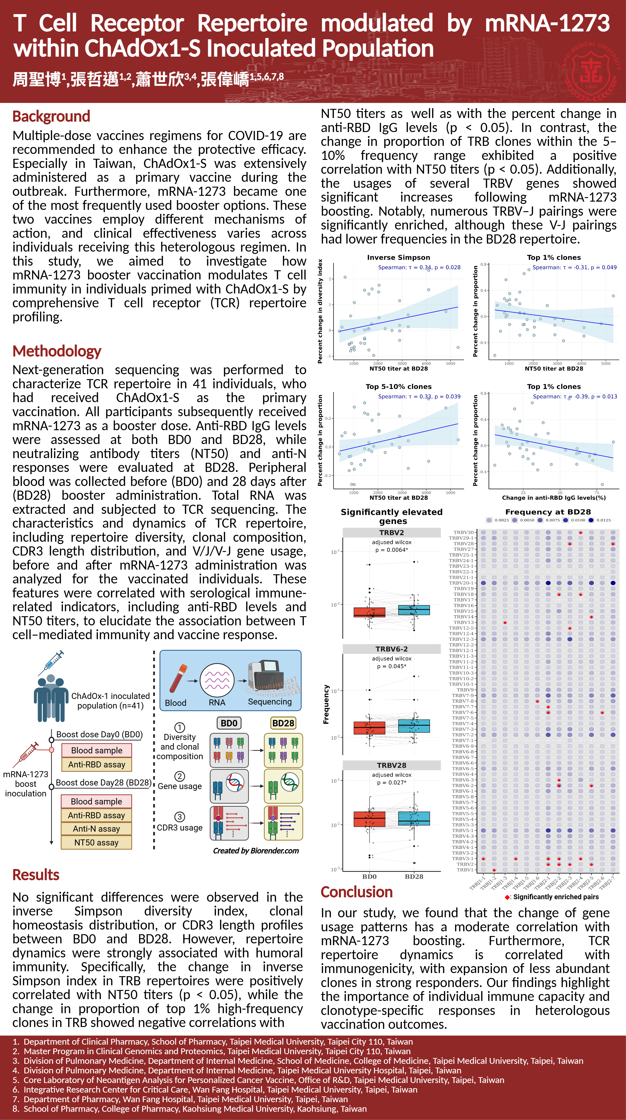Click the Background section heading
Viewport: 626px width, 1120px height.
[x=51, y=116]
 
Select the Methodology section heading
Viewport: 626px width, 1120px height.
[x=57, y=351]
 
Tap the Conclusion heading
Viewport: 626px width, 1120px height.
[x=357, y=892]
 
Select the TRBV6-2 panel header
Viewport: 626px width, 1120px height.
[x=392, y=649]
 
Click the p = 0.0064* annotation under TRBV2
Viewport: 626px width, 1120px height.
[x=392, y=550]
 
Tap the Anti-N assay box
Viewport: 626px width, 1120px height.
[x=96, y=829]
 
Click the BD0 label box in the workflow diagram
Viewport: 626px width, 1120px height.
[x=229, y=723]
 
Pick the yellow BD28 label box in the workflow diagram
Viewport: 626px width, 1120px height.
[x=283, y=723]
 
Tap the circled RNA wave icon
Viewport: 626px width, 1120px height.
[x=217, y=680]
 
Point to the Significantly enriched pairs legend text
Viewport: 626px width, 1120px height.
[x=556, y=897]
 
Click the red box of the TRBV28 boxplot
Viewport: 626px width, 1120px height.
[x=369, y=819]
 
